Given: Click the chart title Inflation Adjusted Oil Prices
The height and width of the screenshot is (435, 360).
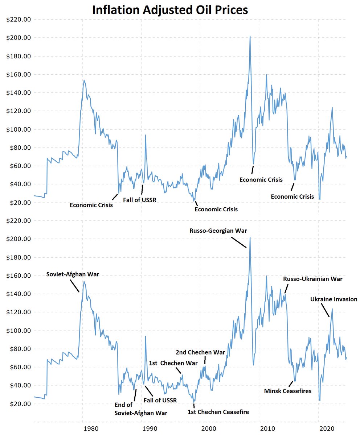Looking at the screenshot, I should coord(170,10).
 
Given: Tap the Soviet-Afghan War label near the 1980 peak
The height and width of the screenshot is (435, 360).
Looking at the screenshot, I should coord(73,274).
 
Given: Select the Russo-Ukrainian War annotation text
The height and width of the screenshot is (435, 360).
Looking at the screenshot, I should coord(312,279).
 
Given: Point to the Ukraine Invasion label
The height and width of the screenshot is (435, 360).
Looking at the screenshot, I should coord(334,299).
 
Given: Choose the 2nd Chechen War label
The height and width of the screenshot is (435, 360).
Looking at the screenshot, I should coord(200,352).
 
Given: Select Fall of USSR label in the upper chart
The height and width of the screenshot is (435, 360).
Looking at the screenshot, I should coord(139,199).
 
